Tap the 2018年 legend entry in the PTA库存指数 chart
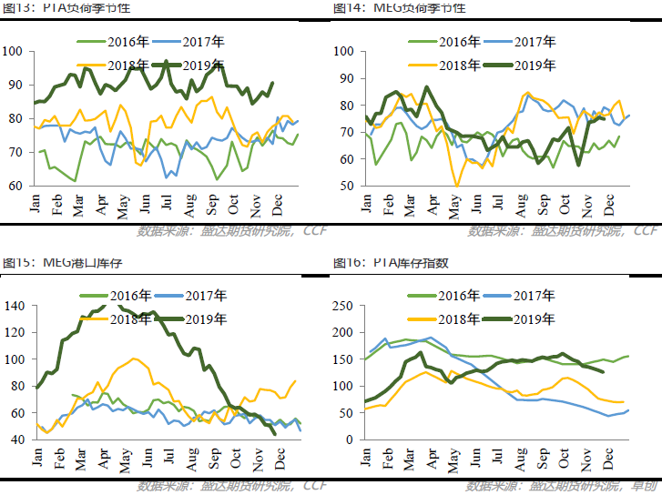pos(461,318)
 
